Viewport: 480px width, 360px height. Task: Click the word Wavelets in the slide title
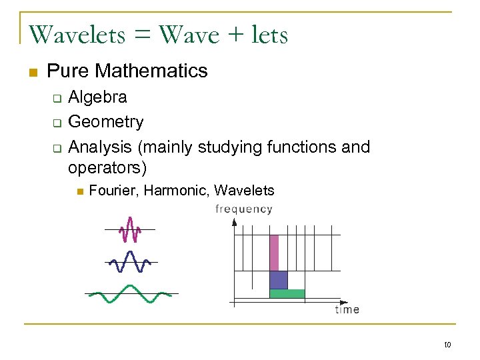(x=77, y=34)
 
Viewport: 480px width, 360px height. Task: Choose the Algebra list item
(x=98, y=97)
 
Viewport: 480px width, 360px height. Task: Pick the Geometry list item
(x=106, y=121)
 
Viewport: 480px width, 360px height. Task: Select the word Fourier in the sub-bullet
(x=113, y=191)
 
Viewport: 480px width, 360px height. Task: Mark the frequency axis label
(x=244, y=209)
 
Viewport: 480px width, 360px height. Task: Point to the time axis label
(x=347, y=309)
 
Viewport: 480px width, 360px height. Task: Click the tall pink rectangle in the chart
(x=273, y=252)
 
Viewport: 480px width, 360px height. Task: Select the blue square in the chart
(x=278, y=279)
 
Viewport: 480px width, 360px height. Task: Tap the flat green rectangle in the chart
(x=287, y=293)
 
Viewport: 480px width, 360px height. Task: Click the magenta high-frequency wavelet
(x=129, y=230)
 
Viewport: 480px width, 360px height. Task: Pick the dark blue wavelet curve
(x=130, y=262)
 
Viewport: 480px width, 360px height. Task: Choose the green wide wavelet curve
(x=131, y=293)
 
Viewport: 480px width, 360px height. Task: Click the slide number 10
(x=447, y=345)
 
